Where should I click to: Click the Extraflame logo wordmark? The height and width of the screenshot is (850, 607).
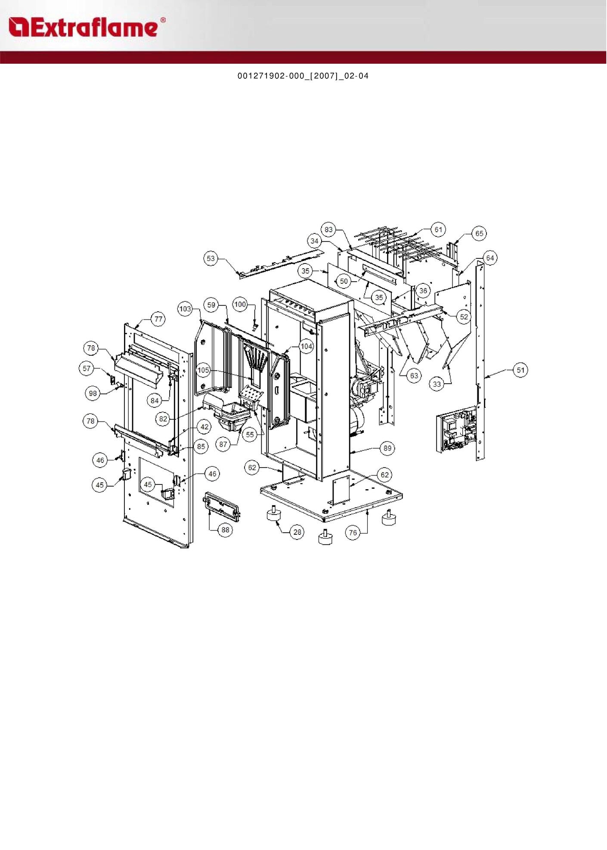pyautogui.click(x=87, y=27)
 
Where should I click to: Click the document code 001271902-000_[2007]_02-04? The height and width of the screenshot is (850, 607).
pyautogui.click(x=303, y=76)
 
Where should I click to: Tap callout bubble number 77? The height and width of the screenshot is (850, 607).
pyautogui.click(x=158, y=319)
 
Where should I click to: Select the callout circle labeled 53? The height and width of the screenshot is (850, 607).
pyautogui.click(x=211, y=258)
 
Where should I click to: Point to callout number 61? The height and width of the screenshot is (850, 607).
pyautogui.click(x=438, y=230)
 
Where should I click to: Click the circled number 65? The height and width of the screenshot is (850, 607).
pyautogui.click(x=479, y=233)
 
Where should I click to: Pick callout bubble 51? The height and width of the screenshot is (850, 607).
pyautogui.click(x=521, y=370)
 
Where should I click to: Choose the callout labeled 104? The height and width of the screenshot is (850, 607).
pyautogui.click(x=306, y=346)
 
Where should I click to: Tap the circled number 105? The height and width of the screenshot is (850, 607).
pyautogui.click(x=203, y=370)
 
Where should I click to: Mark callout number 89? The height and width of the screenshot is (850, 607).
pyautogui.click(x=387, y=448)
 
